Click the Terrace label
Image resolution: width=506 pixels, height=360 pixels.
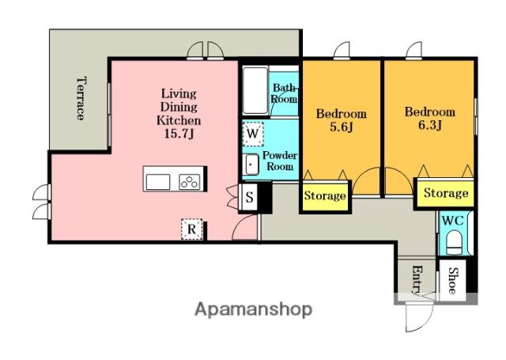(81, 98)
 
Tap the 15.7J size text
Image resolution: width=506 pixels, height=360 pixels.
(179, 134)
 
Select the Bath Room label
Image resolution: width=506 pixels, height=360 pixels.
(284, 93)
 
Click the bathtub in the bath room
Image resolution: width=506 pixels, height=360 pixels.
(255, 90)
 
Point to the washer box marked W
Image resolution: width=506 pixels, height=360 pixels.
(253, 134)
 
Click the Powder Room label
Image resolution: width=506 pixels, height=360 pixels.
(280, 161)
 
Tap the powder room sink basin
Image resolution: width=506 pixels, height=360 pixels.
(251, 165)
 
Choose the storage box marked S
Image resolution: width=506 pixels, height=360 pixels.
(250, 197)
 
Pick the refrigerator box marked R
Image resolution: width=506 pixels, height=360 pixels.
(191, 229)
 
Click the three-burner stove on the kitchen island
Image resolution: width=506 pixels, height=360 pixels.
(190, 183)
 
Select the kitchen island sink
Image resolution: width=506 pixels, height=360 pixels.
(158, 183)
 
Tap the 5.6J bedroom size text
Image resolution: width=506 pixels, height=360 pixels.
(342, 127)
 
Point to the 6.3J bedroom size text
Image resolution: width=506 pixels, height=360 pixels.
(430, 125)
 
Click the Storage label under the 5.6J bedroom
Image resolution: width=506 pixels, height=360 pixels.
(325, 196)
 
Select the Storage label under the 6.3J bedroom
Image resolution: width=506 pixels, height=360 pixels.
(446, 193)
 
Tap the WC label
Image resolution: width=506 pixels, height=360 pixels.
(453, 222)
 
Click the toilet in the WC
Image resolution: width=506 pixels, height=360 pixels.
(455, 242)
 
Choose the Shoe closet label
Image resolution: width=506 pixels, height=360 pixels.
(453, 281)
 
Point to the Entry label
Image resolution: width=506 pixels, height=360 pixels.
(417, 280)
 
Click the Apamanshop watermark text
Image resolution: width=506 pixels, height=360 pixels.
(253, 309)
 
